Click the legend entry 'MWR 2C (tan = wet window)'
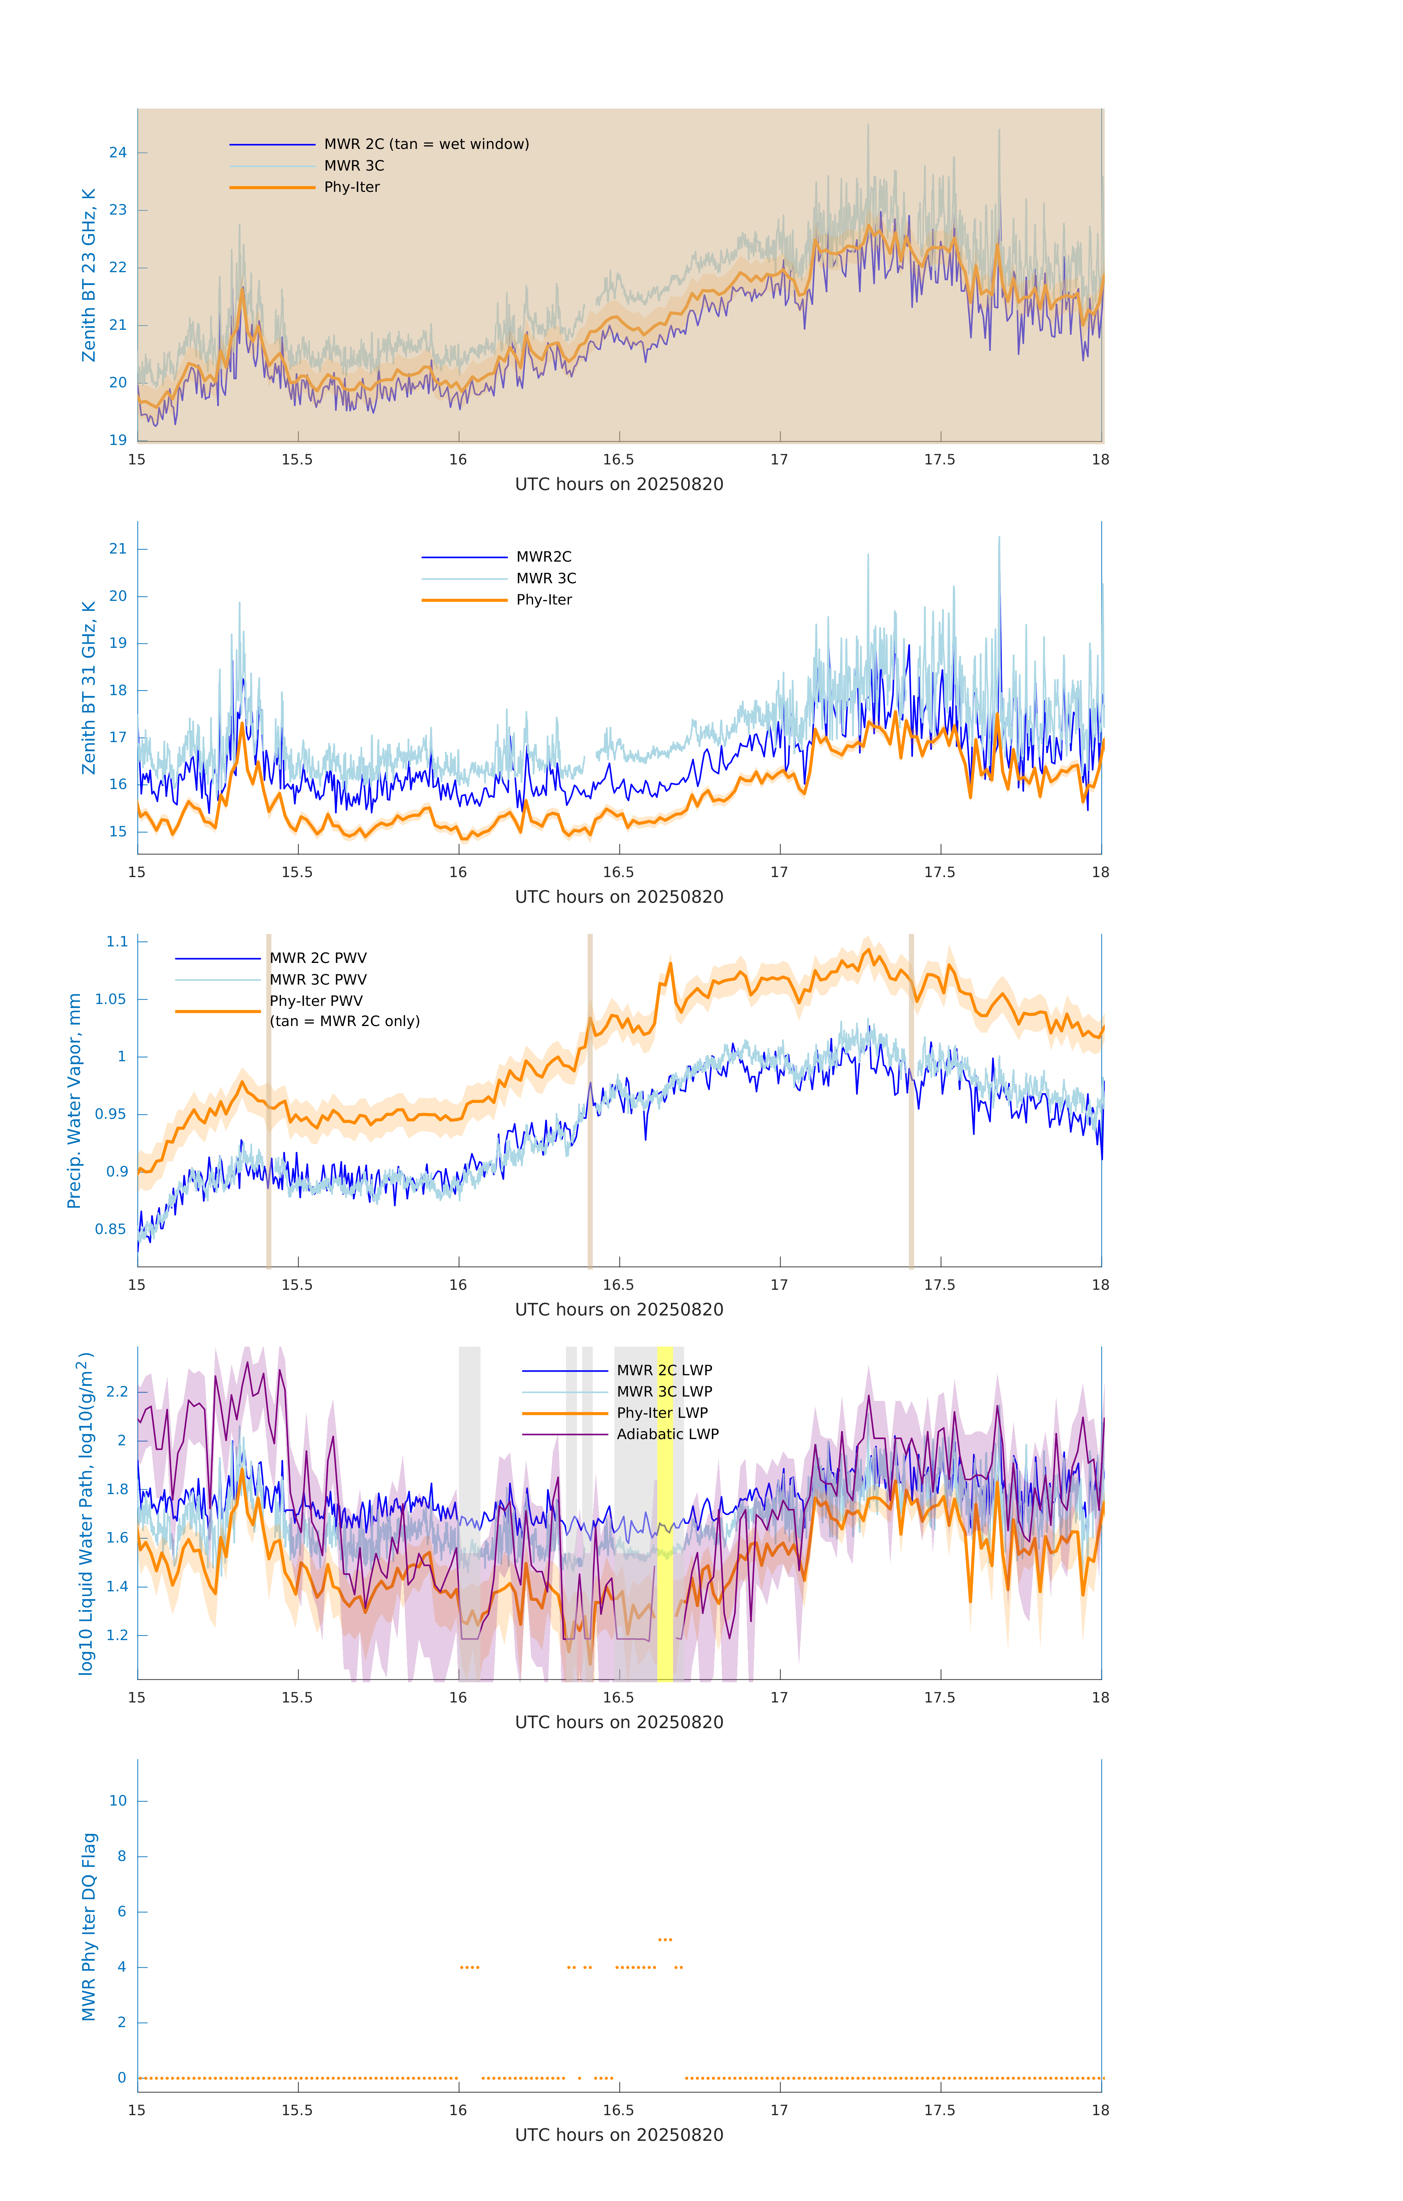(426, 145)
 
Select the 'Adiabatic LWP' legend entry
(667, 1434)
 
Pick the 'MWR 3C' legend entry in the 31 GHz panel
(546, 578)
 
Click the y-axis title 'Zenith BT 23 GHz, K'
(89, 275)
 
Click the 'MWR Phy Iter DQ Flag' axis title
(89, 1927)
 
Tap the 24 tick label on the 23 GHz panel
(118, 153)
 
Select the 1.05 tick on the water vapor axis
(111, 999)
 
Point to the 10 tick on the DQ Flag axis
(118, 1801)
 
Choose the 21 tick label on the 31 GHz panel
(118, 550)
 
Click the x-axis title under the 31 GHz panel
(619, 897)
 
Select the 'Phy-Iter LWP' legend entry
(662, 1413)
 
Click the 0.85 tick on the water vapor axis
(111, 1229)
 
